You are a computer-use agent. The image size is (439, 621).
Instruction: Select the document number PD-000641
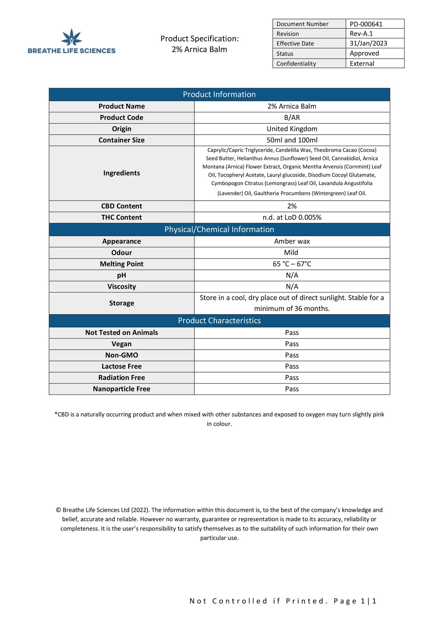tap(366, 24)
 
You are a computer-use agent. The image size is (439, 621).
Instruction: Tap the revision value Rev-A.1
tap(361, 34)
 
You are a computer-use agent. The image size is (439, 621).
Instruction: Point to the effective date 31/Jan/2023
tap(368, 43)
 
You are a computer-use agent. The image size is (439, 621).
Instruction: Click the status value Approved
tap(364, 53)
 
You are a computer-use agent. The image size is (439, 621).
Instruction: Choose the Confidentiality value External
tap(362, 64)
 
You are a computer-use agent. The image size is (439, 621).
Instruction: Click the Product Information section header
tap(219, 94)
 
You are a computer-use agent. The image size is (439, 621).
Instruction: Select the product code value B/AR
tap(292, 117)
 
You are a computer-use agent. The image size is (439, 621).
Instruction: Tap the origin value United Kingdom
tap(292, 129)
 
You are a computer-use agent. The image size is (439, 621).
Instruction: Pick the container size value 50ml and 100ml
tap(292, 140)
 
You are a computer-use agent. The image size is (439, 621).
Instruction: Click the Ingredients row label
tap(121, 173)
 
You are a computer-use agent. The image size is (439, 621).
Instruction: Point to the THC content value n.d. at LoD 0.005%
tap(292, 217)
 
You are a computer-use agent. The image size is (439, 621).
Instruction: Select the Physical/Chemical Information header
tap(219, 229)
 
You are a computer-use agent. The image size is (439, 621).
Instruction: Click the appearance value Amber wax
tap(292, 241)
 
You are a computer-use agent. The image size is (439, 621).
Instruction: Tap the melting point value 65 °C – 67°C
tap(292, 264)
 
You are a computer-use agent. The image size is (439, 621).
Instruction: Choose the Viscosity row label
tap(121, 286)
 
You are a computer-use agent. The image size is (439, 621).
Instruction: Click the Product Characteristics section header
tap(219, 321)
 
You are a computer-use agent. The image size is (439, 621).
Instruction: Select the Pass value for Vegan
tap(292, 344)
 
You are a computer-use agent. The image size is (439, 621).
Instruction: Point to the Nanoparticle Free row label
tap(121, 389)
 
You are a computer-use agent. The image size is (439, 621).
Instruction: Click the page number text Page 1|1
tap(355, 601)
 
